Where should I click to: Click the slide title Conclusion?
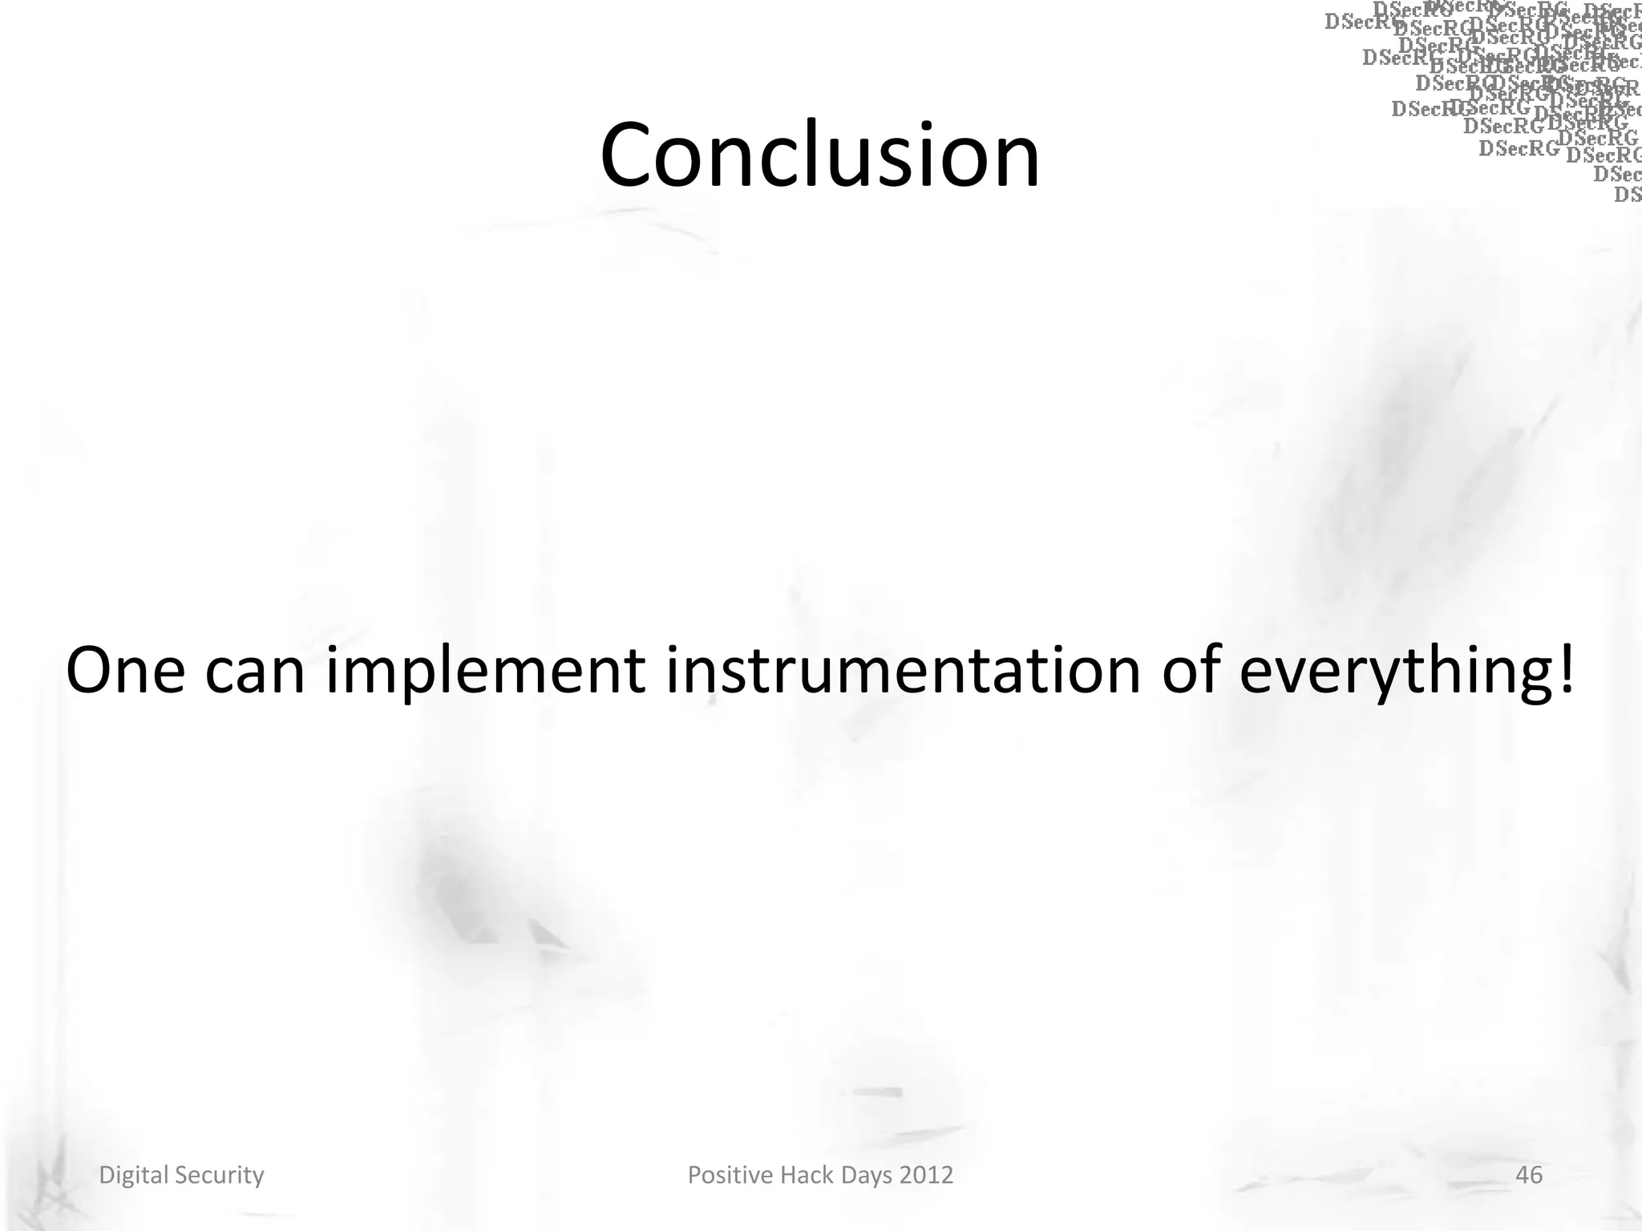pos(819,154)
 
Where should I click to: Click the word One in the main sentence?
pos(126,670)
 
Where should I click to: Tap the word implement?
pos(485,672)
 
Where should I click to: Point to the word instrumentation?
pos(903,670)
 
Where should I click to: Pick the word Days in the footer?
pos(866,1176)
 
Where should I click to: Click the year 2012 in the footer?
pos(927,1175)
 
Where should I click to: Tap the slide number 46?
pos(1529,1175)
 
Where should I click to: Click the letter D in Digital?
pos(105,1175)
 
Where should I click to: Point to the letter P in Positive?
pos(694,1175)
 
